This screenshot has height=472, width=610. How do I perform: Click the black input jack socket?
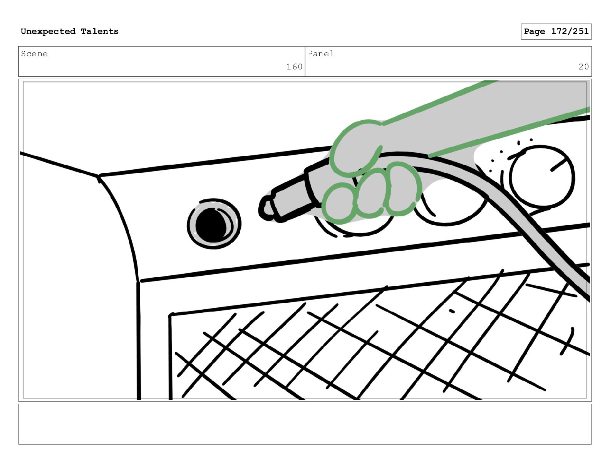click(x=214, y=224)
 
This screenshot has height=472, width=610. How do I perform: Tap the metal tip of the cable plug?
click(x=266, y=208)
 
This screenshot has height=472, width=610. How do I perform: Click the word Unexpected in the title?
click(x=48, y=31)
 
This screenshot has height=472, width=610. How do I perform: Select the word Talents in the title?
click(x=100, y=31)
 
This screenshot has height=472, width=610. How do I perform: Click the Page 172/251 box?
click(x=556, y=32)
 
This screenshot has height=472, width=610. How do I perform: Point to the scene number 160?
click(x=294, y=67)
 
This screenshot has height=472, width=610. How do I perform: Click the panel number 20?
click(x=583, y=67)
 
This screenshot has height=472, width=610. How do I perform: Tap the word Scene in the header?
click(x=34, y=54)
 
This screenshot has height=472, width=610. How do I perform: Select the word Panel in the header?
click(x=321, y=54)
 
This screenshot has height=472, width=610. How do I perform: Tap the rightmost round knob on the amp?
click(x=542, y=177)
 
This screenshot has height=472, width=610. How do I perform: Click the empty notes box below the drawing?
click(x=305, y=424)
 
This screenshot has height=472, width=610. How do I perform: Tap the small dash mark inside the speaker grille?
click(x=452, y=311)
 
